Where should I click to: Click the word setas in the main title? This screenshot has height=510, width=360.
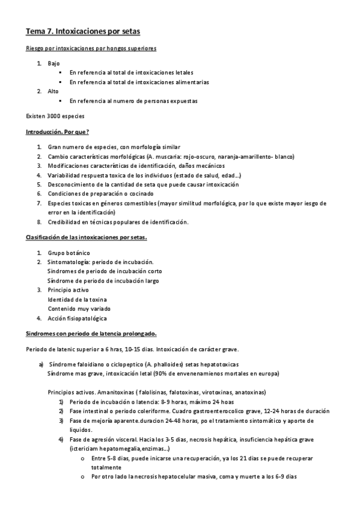click(129, 30)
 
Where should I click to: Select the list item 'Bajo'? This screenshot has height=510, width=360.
click(53, 63)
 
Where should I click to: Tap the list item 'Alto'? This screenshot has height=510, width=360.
click(53, 91)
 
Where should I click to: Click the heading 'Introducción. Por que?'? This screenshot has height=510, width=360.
click(58, 131)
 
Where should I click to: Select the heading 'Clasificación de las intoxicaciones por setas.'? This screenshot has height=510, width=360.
click(86, 237)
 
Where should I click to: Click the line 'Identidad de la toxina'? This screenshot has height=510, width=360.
click(78, 299)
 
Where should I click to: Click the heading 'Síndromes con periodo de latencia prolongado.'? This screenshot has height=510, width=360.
click(91, 333)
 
